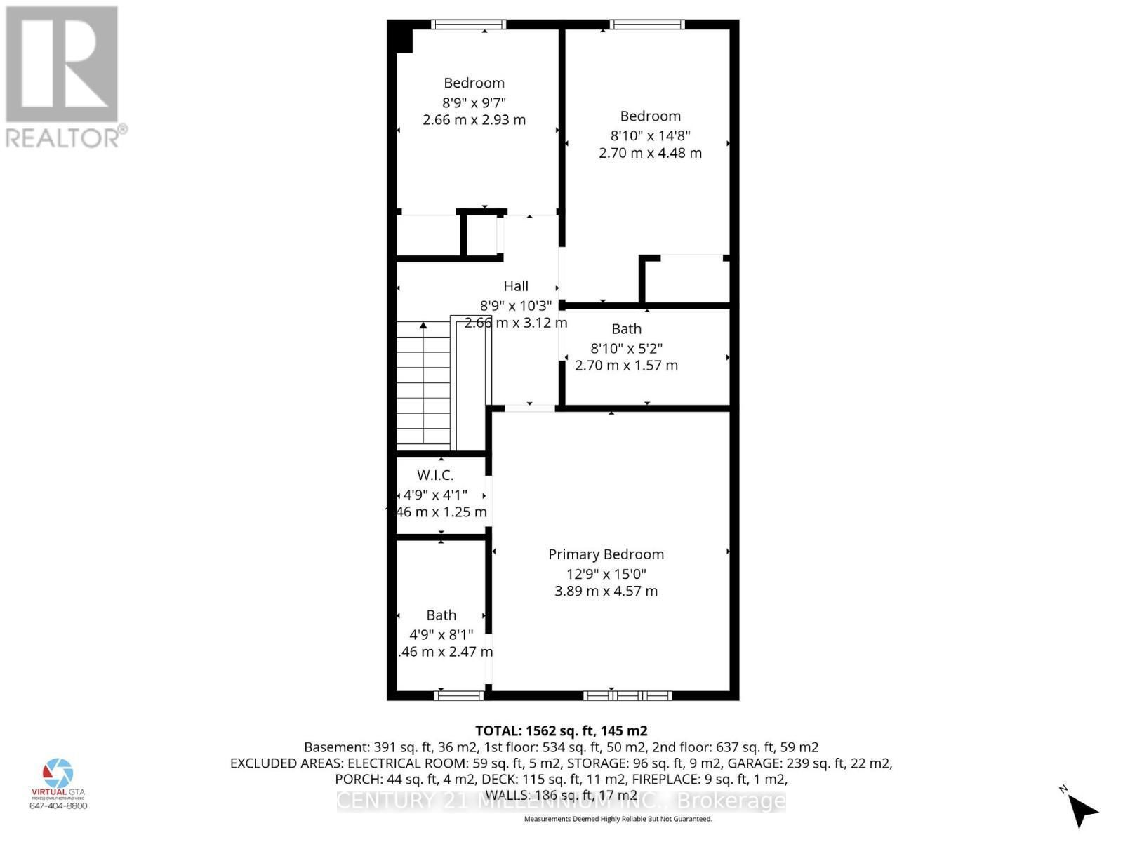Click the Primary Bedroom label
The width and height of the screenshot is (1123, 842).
[606, 554]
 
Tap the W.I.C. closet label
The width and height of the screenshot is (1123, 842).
[435, 475]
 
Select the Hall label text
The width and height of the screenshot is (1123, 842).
[516, 286]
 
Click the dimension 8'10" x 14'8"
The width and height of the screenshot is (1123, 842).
[650, 135]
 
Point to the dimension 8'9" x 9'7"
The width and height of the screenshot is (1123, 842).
[474, 102]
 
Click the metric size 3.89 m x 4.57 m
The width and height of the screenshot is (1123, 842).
[606, 591]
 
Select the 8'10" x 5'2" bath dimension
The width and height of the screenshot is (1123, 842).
[626, 347]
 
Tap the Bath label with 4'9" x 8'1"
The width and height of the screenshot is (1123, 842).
[441, 615]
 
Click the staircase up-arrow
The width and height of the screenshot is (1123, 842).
[423, 326]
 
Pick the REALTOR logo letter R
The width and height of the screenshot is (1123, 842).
[62, 65]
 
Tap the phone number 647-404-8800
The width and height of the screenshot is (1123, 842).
[58, 806]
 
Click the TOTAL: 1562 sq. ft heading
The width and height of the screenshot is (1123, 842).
[561, 730]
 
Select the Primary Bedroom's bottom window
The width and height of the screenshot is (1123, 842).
[627, 695]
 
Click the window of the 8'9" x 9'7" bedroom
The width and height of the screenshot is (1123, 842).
[468, 25]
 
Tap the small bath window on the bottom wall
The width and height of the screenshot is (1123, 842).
[459, 695]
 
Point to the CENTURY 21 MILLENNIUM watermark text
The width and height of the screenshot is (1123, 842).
[561, 801]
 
